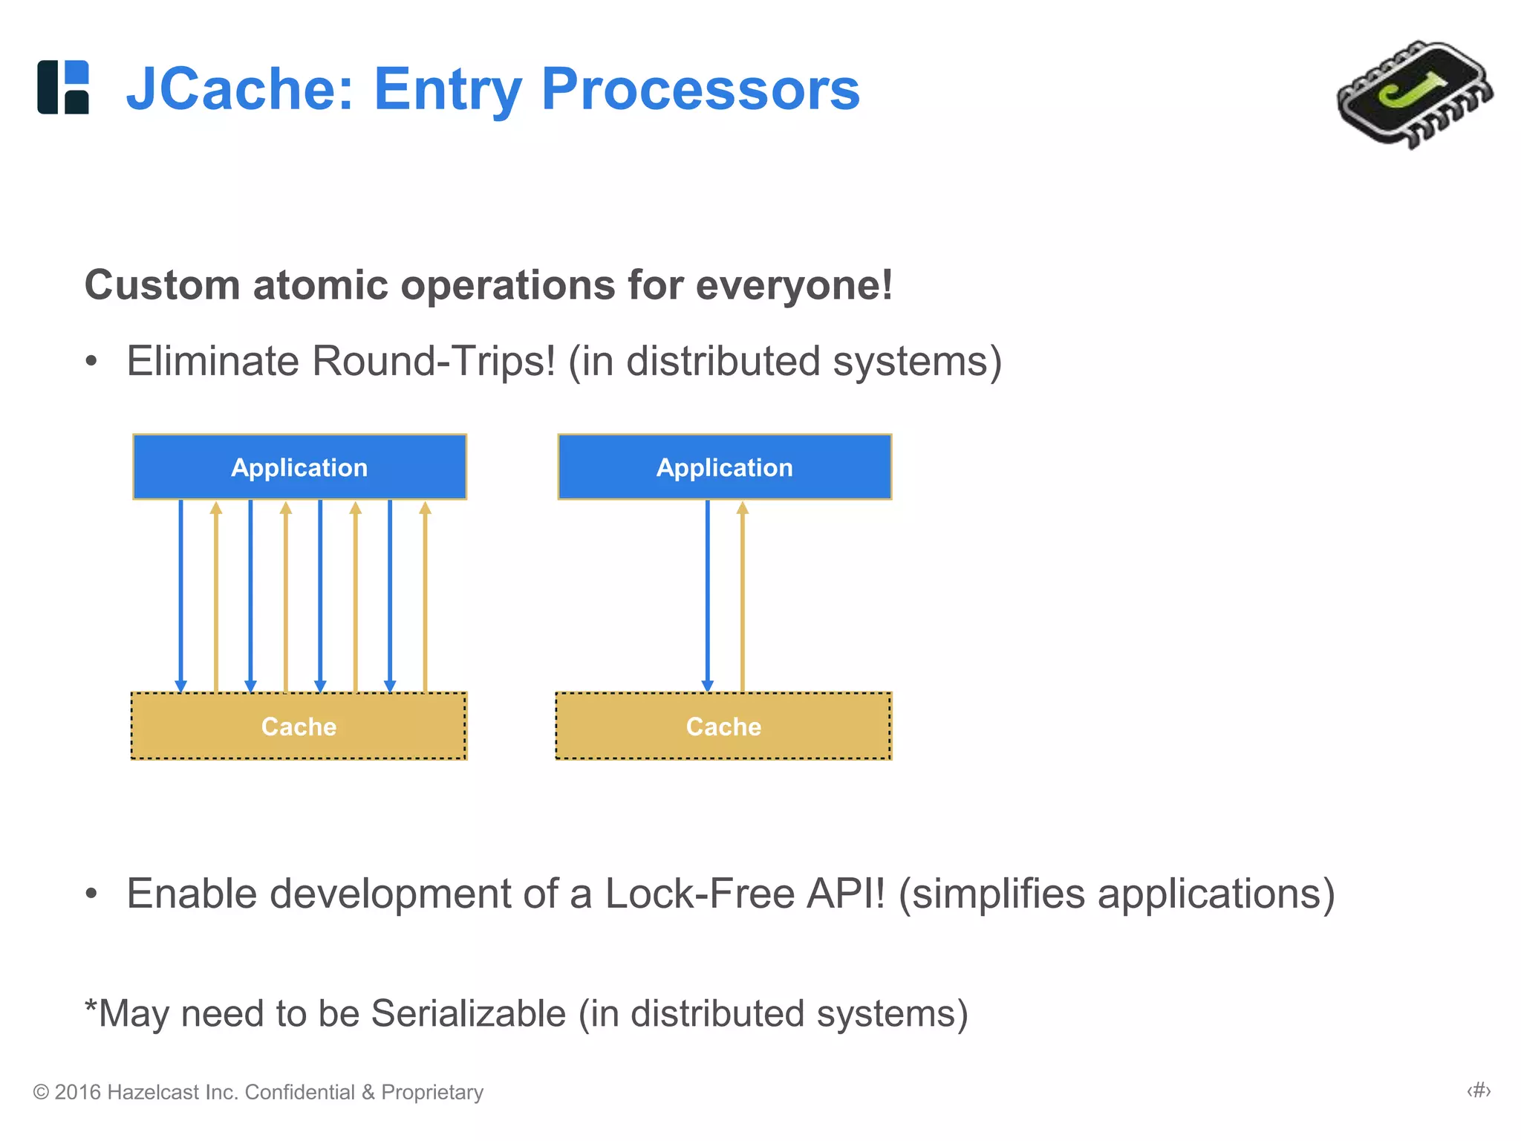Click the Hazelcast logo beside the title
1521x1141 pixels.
coord(63,87)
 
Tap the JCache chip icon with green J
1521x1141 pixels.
coord(1414,94)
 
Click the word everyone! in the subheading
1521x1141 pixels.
coord(794,285)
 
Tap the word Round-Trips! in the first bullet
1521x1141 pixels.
coord(433,362)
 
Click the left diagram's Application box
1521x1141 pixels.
coord(299,467)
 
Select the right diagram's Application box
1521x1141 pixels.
coord(724,467)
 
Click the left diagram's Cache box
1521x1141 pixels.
coord(299,726)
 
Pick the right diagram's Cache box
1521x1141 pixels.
coord(723,726)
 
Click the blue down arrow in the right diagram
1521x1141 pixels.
coord(707,594)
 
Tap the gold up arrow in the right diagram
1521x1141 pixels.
coord(742,594)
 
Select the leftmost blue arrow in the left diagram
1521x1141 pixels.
coord(180,594)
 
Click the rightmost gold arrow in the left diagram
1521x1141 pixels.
coord(425,594)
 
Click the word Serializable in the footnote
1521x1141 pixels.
coord(468,1014)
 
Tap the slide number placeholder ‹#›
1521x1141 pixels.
coord(1479,1090)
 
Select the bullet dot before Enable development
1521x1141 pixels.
coord(91,894)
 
